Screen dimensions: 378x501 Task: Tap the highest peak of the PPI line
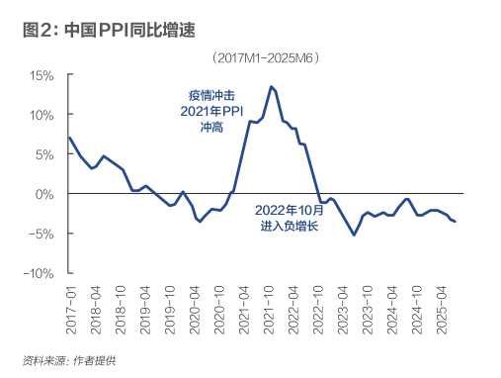271,87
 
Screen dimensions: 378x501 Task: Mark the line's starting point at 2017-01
69,138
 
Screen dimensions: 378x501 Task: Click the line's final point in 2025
455,222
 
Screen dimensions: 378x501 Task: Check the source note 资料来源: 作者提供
69,359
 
